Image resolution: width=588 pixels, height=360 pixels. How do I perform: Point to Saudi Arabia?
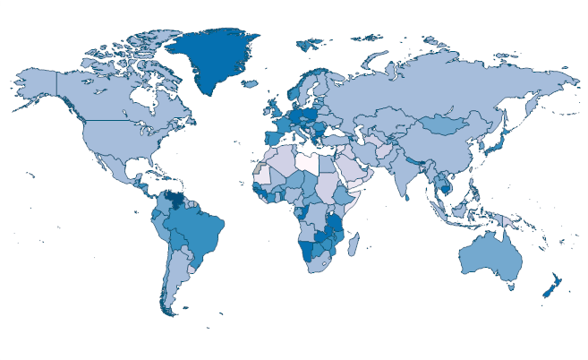[x=355, y=169]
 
